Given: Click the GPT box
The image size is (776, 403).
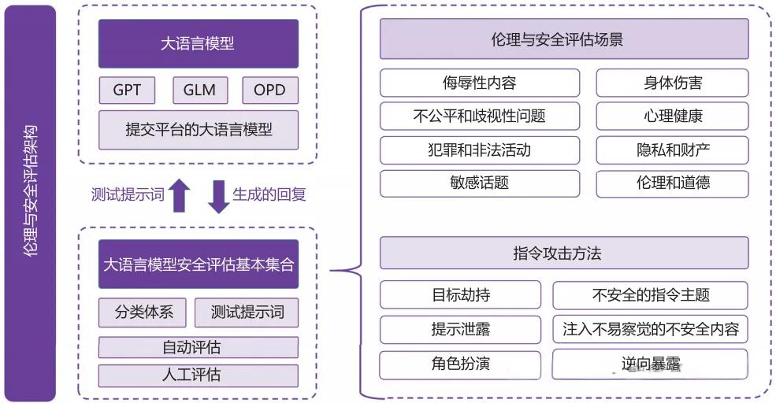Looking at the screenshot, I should click(127, 90).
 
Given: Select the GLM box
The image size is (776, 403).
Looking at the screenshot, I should click(199, 90).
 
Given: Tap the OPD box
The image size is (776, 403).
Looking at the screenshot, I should click(270, 90).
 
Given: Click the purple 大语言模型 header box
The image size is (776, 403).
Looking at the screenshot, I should click(199, 44).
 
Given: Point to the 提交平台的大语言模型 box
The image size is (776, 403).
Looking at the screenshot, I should click(199, 130).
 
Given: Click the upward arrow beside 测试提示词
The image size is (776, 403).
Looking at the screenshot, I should click(180, 196).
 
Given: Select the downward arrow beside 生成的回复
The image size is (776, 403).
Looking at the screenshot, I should click(218, 196).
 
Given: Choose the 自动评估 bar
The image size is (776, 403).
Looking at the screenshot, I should click(199, 347).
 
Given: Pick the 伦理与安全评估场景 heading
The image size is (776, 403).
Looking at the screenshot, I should click(564, 39).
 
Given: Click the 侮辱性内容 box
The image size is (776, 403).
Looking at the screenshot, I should click(479, 83).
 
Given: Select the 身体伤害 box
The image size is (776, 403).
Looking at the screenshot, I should click(672, 83).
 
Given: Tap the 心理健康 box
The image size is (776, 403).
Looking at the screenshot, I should click(672, 116).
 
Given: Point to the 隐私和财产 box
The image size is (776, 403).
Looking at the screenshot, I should click(672, 150).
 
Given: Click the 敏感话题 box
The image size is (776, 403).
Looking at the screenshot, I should click(479, 183).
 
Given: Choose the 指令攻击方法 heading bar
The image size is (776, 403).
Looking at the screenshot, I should click(564, 253).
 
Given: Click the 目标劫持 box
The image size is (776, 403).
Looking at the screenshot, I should click(460, 295).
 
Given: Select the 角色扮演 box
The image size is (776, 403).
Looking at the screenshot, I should click(460, 364).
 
